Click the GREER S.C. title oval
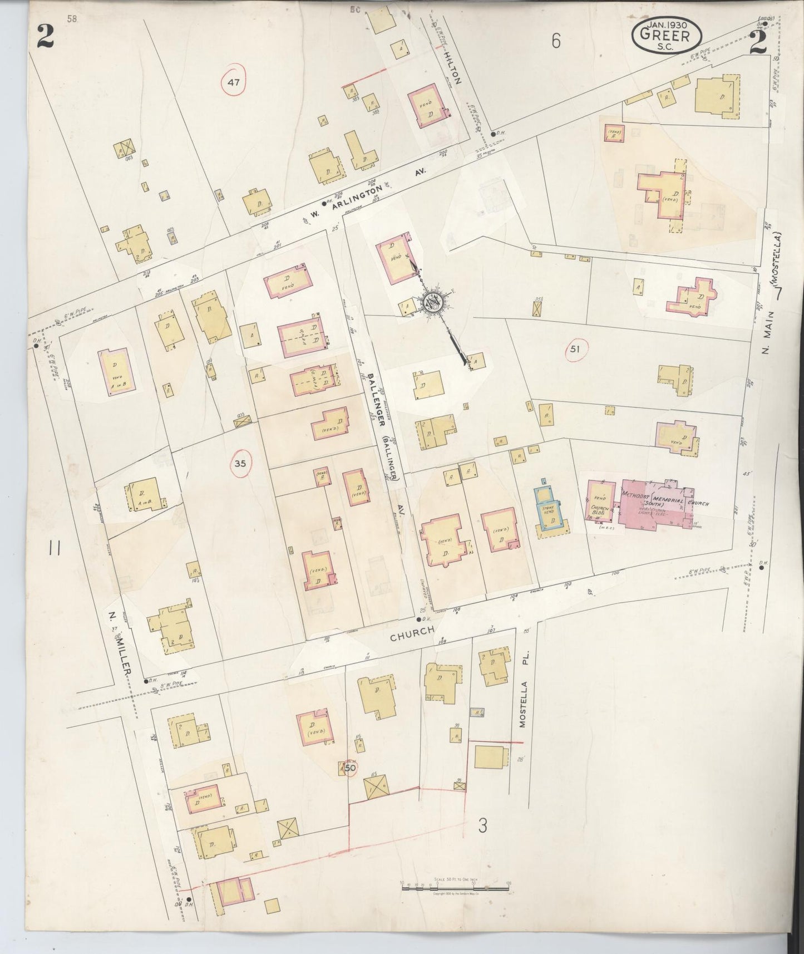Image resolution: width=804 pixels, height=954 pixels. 666,36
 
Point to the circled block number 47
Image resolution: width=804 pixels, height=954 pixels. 233,83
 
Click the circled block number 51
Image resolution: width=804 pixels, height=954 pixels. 575,349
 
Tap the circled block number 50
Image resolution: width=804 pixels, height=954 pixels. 349,768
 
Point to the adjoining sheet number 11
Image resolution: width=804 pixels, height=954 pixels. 54,549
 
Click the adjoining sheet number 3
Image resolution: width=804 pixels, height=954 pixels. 482,825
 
